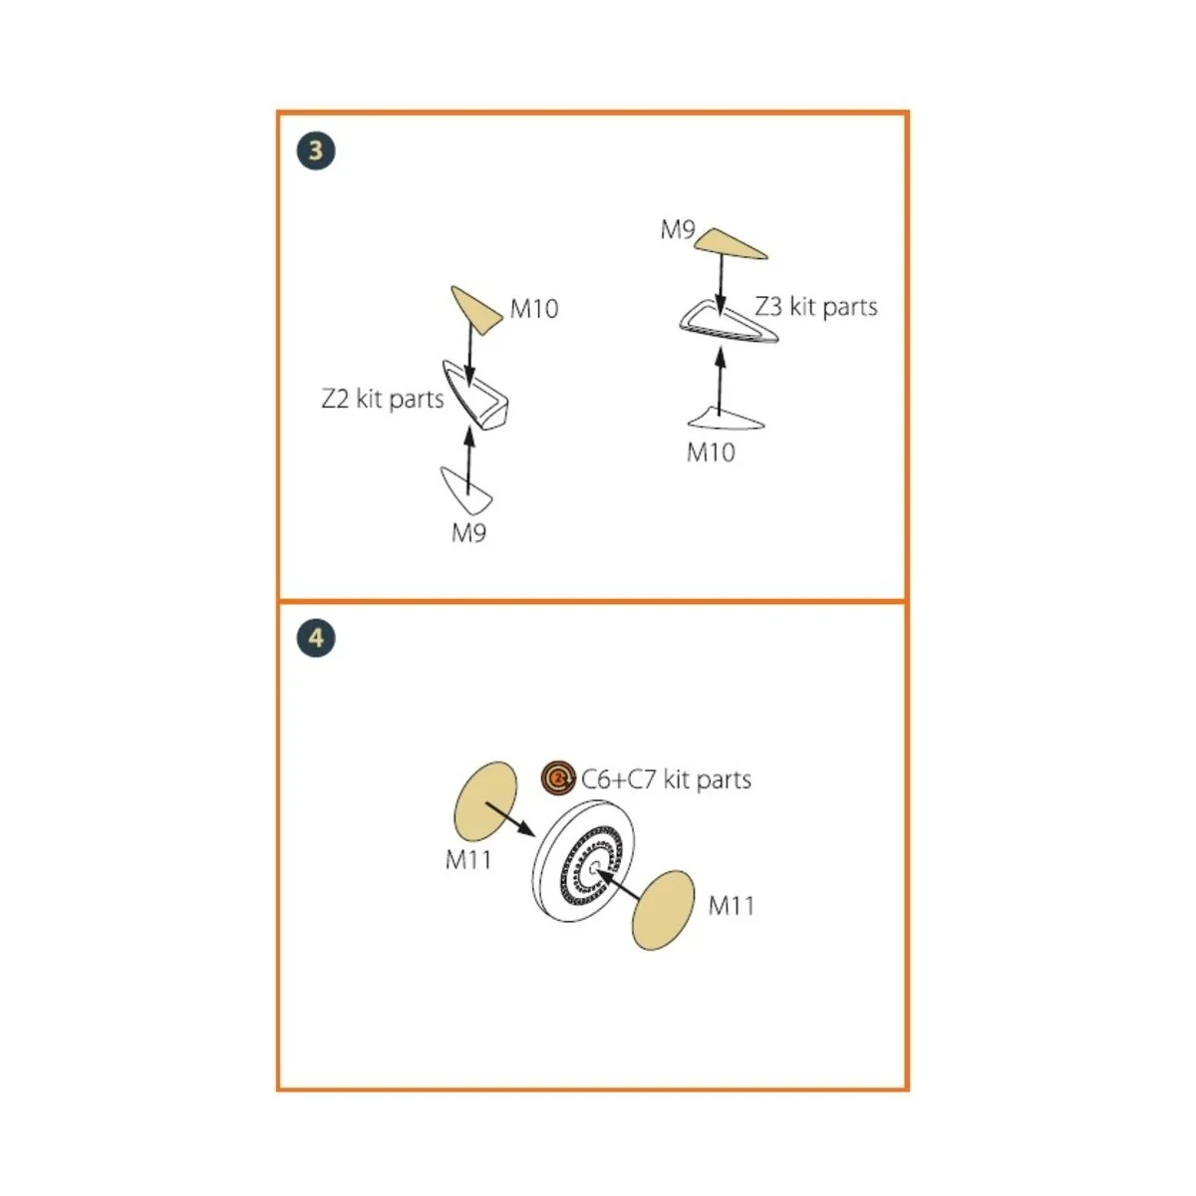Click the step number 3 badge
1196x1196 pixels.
click(316, 150)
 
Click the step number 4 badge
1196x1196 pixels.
click(316, 638)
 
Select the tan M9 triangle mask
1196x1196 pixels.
click(730, 244)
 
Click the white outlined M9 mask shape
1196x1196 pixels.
click(466, 489)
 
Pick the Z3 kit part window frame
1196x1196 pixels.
click(729, 322)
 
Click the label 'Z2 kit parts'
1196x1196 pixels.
click(383, 399)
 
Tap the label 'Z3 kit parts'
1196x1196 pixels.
click(816, 307)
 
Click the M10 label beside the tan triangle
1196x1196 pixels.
click(534, 308)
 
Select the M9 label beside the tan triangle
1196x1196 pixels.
click(677, 229)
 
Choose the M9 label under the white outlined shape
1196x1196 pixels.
click(468, 532)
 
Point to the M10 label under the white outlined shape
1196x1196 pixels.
click(711, 452)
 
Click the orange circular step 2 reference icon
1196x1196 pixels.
click(558, 777)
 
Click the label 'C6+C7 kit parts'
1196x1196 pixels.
click(666, 779)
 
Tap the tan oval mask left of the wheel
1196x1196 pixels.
click(485, 801)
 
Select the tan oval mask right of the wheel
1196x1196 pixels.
click(664, 911)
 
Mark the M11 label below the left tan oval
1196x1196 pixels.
click(468, 860)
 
